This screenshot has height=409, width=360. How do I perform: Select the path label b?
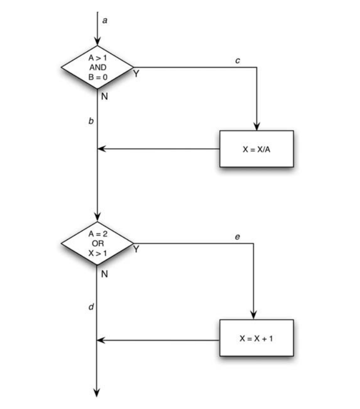coord(90,120)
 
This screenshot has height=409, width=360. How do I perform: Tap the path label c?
coord(238,61)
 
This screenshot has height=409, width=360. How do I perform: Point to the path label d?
coord(90,307)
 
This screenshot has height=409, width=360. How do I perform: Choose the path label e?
coord(237,238)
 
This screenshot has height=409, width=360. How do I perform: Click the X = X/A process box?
coord(256,148)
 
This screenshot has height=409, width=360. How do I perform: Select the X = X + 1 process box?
coord(256,338)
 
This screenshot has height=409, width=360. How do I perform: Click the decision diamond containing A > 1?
coord(97,67)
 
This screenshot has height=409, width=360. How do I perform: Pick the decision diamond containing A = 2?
coord(97,242)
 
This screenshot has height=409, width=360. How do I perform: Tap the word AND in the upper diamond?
coord(97,67)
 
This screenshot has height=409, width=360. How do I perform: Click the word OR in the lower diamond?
coord(97,243)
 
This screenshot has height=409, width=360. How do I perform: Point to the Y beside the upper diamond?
coord(136,73)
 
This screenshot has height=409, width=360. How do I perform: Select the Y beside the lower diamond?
coord(136,250)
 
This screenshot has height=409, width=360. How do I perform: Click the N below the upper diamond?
coord(104,97)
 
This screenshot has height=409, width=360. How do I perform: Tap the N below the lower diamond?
coord(104,273)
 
